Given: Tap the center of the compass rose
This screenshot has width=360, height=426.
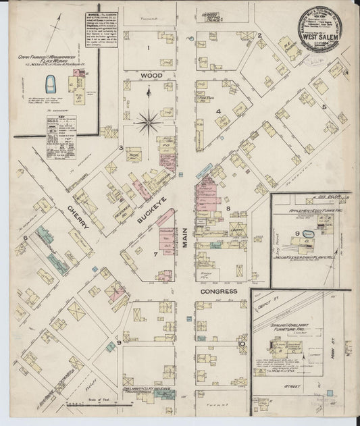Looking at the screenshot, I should click(x=147, y=122).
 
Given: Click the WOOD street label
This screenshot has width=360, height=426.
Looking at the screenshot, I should click(x=149, y=76).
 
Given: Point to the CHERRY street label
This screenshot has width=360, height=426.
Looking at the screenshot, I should click(x=78, y=216).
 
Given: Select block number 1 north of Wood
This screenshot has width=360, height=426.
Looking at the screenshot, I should click(x=149, y=49).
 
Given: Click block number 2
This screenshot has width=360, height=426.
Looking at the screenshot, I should click(x=259, y=35).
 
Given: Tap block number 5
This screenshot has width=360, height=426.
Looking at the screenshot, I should click(x=324, y=107).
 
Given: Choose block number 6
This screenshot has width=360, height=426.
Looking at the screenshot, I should click(x=24, y=238).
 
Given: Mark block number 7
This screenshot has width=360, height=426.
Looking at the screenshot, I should click(x=155, y=254).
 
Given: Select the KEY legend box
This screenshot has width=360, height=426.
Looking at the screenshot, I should click(x=60, y=135).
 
